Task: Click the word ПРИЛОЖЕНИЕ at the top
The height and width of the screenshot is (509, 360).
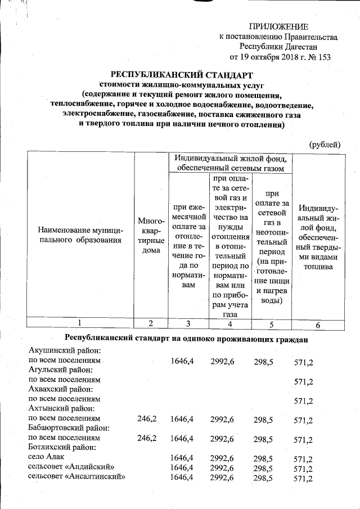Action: [x=279, y=26]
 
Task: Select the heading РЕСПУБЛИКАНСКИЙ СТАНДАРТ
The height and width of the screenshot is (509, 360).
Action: [x=182, y=75]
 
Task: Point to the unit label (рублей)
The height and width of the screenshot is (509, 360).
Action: [x=325, y=145]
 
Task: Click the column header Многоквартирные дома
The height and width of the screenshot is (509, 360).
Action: [x=151, y=236]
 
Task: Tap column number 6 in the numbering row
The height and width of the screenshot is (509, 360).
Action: [x=318, y=325]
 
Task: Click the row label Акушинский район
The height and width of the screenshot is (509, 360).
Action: [x=60, y=350]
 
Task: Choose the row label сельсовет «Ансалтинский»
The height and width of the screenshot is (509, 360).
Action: [x=76, y=478]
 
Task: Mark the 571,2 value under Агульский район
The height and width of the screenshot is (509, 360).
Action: [x=303, y=382]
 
